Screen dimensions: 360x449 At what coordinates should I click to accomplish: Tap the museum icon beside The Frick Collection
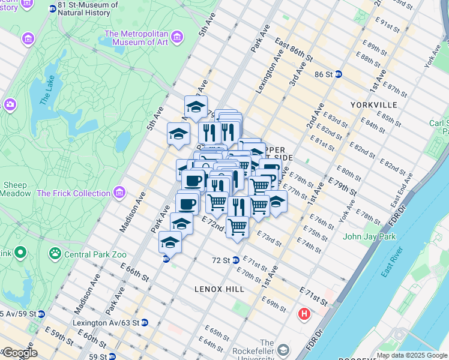click(x=120, y=193)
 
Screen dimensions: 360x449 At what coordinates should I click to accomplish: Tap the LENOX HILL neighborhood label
click(x=219, y=289)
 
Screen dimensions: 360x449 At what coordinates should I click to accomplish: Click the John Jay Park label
click(x=369, y=236)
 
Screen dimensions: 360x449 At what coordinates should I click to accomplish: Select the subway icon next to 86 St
click(x=339, y=74)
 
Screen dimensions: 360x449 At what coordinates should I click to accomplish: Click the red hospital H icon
click(x=305, y=314)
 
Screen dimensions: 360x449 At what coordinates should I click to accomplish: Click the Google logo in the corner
click(x=19, y=353)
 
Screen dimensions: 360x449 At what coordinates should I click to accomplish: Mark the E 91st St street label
click(x=380, y=27)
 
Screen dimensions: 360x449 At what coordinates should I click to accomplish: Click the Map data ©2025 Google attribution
click(x=411, y=355)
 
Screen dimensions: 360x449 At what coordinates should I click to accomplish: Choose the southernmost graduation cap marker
click(x=170, y=243)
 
